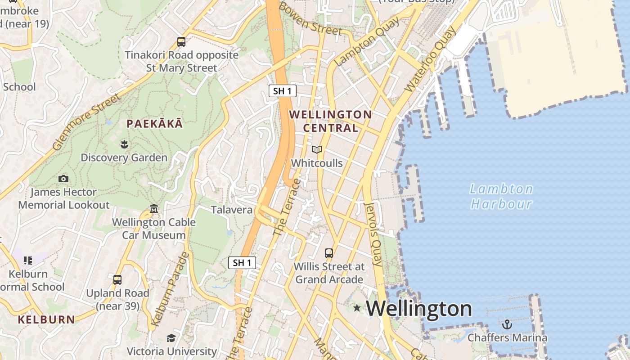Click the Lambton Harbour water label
(501, 197)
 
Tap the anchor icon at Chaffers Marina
(507, 324)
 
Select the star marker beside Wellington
(357, 308)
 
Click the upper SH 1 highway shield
(283, 91)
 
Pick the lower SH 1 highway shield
(242, 263)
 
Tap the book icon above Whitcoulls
(317, 150)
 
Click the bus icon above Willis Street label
(329, 253)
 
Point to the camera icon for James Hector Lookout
(63, 179)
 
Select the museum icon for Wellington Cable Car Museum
(154, 209)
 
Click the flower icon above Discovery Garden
(124, 144)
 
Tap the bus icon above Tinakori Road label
(181, 42)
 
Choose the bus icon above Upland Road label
(117, 280)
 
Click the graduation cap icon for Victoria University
(171, 338)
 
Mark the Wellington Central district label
(331, 121)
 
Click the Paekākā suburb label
(155, 124)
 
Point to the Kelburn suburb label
(46, 320)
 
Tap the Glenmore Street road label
(87, 121)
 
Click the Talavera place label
(232, 210)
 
